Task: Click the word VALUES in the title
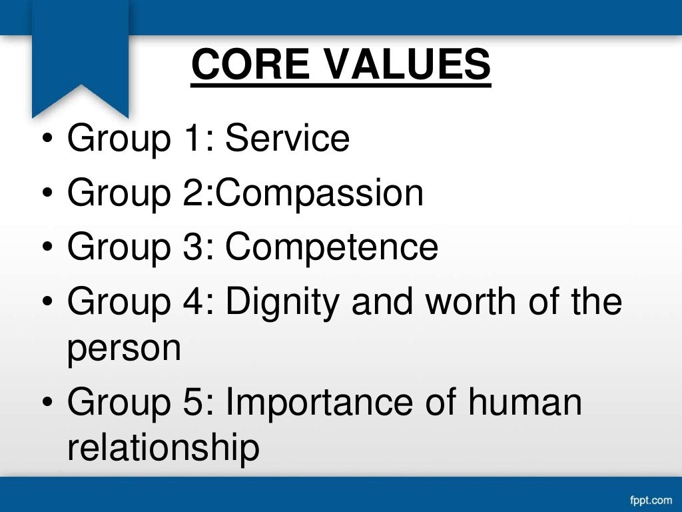point(402,65)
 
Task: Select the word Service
point(287,139)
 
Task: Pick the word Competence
point(332,247)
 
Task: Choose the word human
point(525,402)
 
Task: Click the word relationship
point(163,449)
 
